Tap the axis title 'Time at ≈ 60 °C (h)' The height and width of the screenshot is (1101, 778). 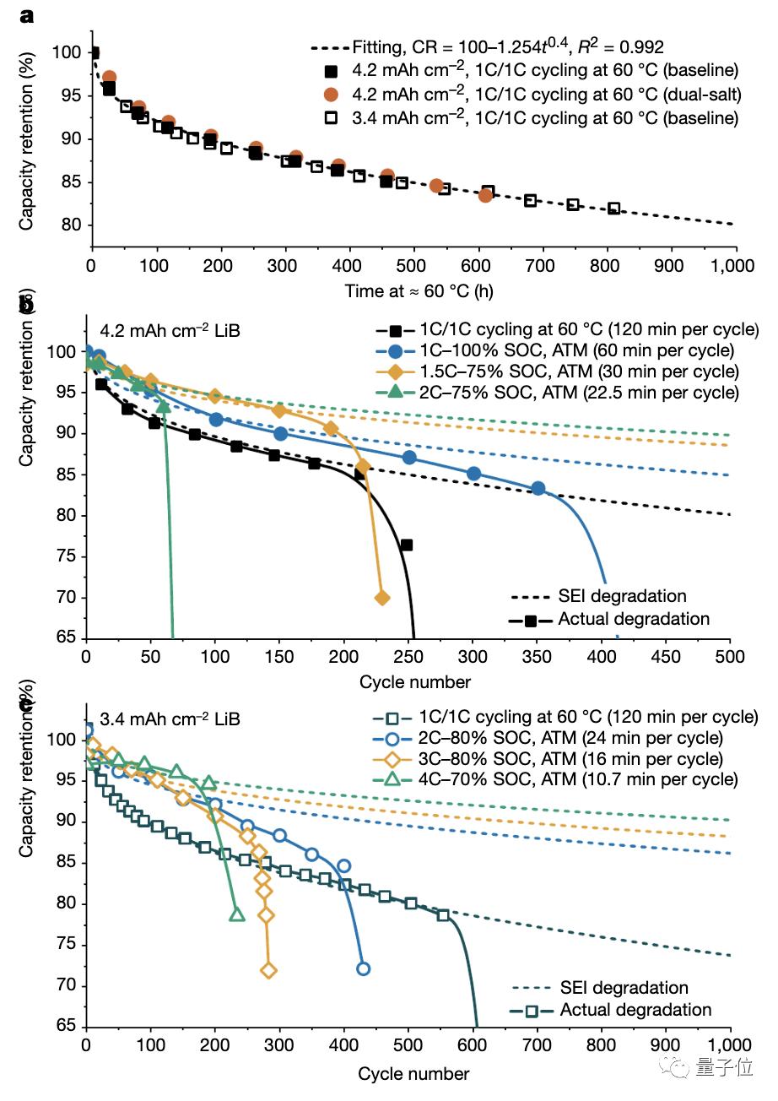(419, 291)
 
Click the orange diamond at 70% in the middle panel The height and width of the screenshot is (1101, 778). (381, 598)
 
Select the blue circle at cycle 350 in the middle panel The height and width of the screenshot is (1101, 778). (538, 489)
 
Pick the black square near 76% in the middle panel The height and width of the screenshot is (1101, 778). (406, 545)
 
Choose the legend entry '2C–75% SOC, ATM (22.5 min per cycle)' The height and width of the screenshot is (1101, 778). (579, 392)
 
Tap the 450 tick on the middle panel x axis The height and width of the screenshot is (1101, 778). (666, 657)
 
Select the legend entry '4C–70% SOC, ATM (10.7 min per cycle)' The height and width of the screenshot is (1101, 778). (579, 778)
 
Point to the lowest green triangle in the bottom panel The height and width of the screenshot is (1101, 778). (237, 914)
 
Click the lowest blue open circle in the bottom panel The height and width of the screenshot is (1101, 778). (363, 968)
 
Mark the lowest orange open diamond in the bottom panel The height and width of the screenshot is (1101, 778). (268, 971)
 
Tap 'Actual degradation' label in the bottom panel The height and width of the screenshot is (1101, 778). (635, 1010)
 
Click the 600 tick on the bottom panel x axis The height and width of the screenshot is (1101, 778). (473, 1044)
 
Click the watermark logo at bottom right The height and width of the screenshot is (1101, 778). (678, 1068)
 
